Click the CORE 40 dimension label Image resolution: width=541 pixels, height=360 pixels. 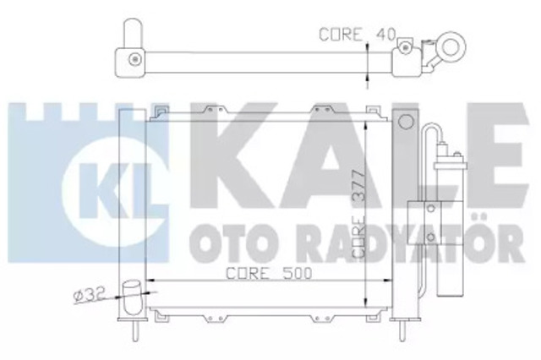click(x=357, y=35)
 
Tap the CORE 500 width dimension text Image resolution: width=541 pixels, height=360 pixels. click(x=269, y=273)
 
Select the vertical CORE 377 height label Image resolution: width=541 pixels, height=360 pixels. click(x=358, y=214)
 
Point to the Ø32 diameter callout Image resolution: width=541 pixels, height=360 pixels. click(x=89, y=296)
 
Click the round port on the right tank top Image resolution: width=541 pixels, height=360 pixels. click(x=406, y=122)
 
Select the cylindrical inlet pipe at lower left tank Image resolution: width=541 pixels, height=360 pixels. click(x=133, y=298)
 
